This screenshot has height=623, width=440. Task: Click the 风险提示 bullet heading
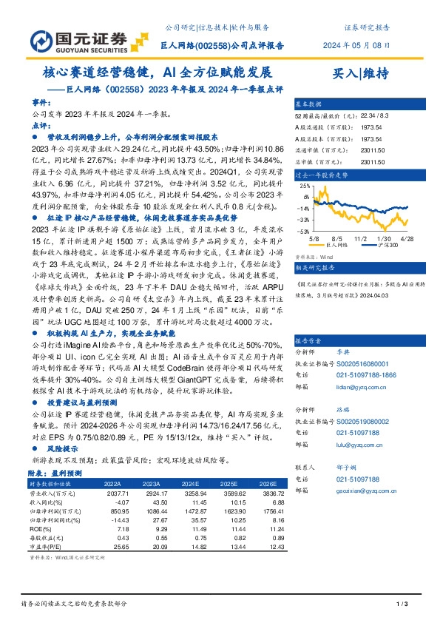[52, 448]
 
